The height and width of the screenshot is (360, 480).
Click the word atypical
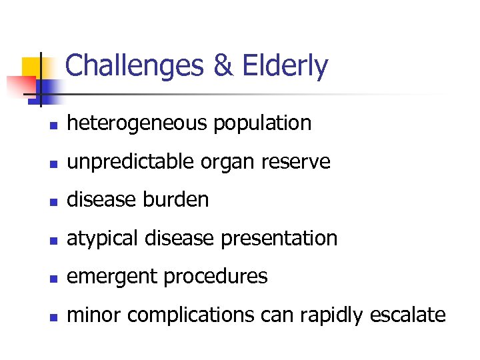(x=99, y=239)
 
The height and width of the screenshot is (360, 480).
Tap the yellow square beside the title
(x=35, y=68)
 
